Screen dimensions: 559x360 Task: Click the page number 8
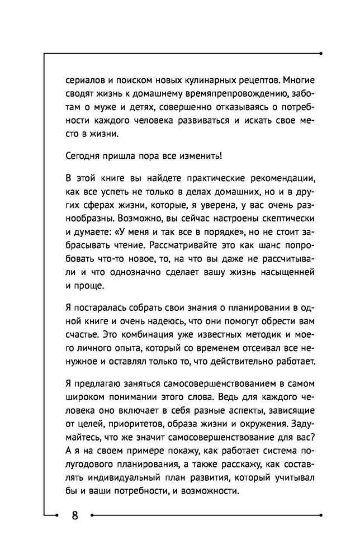pyautogui.click(x=75, y=515)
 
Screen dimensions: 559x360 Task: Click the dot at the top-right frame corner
pyautogui.click(x=321, y=54)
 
